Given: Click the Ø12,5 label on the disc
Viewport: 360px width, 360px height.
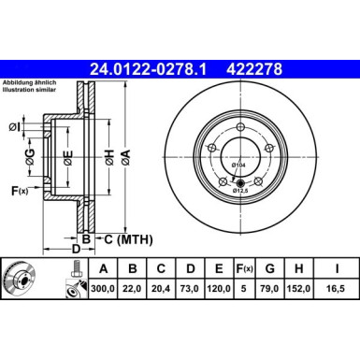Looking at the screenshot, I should click(x=242, y=190).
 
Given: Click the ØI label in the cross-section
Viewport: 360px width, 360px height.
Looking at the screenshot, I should click(x=15, y=126).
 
